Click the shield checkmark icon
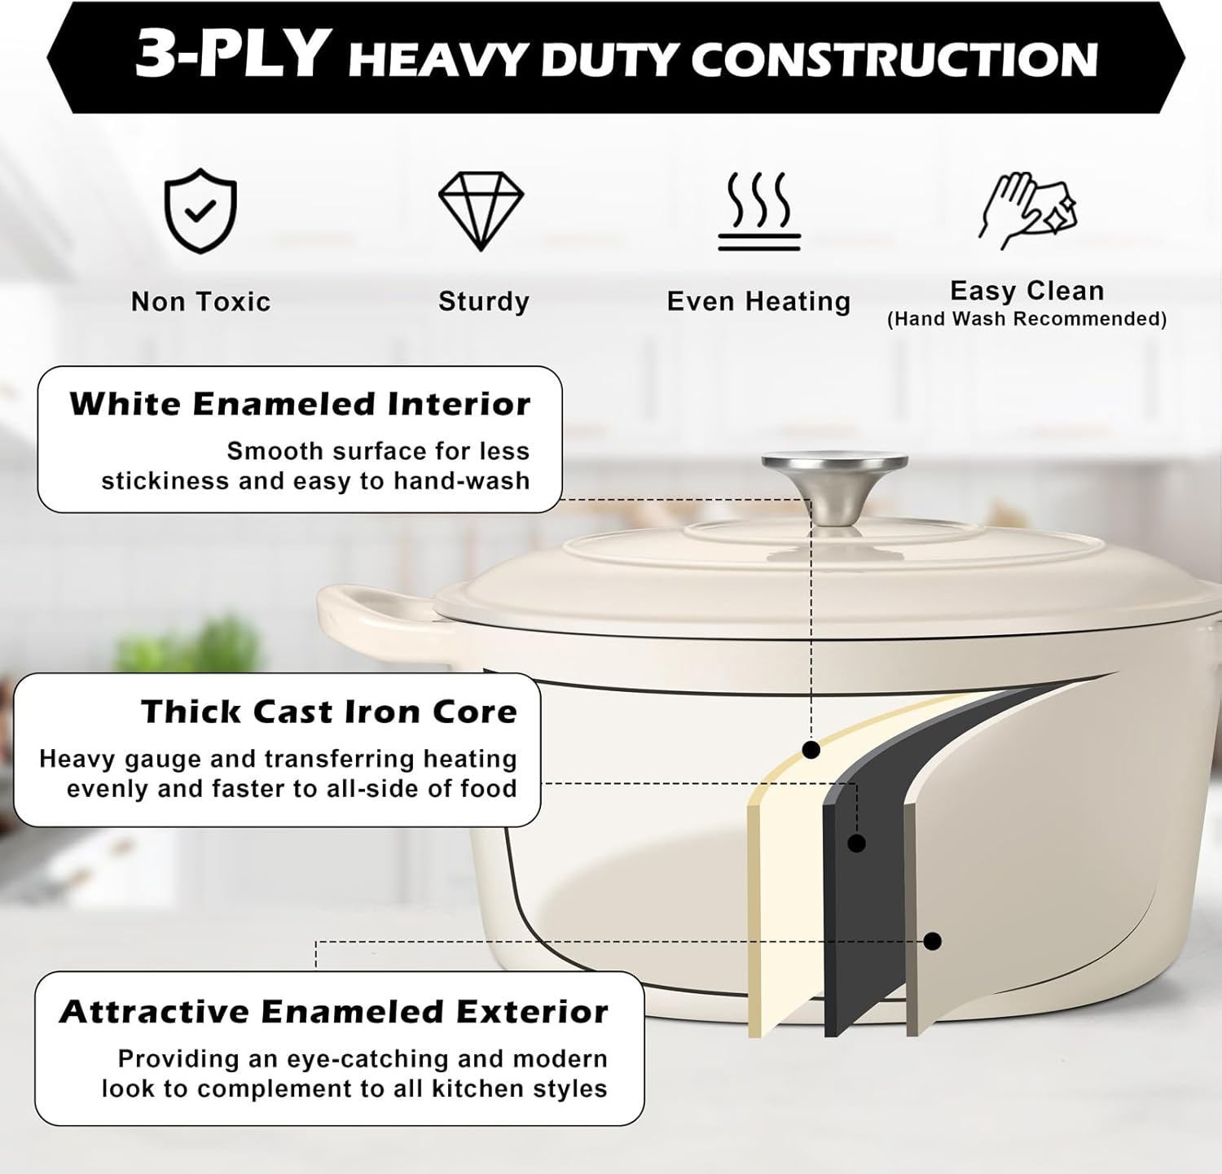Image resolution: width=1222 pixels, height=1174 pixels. click(x=200, y=211)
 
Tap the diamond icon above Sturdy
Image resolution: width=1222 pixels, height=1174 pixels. click(x=481, y=210)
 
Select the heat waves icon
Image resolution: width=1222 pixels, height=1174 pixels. click(x=759, y=211)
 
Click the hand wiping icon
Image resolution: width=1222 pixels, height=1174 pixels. click(x=1027, y=211)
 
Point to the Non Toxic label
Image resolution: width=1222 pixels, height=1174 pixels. click(x=200, y=302)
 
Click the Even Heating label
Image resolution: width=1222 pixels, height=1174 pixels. click(x=758, y=302)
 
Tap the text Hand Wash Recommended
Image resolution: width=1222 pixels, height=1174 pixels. click(x=1026, y=319)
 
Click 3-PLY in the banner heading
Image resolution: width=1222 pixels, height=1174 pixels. click(x=231, y=55)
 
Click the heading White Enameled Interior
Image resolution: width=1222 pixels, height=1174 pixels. click(x=300, y=404)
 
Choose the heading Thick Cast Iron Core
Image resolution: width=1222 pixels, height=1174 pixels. click(x=329, y=712)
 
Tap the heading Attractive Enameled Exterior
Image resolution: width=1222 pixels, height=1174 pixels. click(x=334, y=1012)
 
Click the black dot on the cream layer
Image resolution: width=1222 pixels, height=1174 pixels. click(x=811, y=750)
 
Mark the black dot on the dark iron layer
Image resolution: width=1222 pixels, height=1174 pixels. click(x=856, y=843)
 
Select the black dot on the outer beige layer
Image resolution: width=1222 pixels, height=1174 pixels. click(x=933, y=941)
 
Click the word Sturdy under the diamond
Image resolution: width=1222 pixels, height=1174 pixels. click(x=484, y=302)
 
